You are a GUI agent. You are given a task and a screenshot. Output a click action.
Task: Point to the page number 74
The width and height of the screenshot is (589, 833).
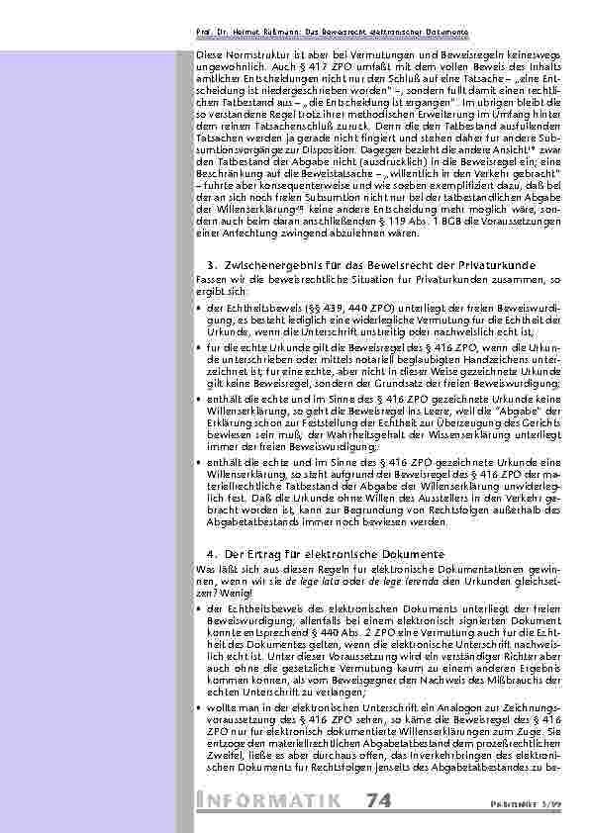(379, 799)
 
